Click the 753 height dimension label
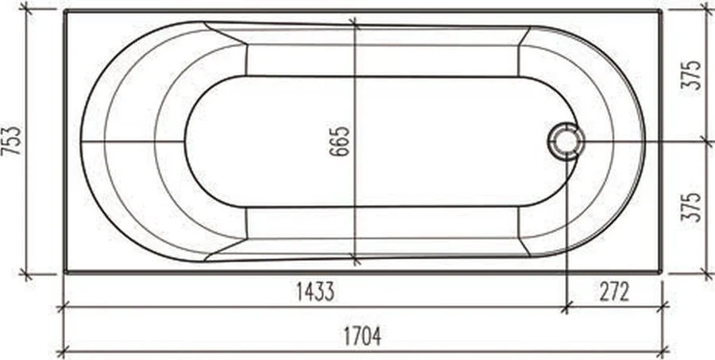click(x=11, y=141)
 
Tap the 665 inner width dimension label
click(x=340, y=141)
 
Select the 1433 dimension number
click(x=315, y=292)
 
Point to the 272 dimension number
click(x=614, y=292)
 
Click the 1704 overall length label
click(x=362, y=337)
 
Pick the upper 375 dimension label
click(x=691, y=75)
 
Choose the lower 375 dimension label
click(x=691, y=207)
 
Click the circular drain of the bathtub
click(x=566, y=141)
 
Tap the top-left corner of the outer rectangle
click(x=66, y=11)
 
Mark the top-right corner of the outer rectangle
click(x=660, y=11)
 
